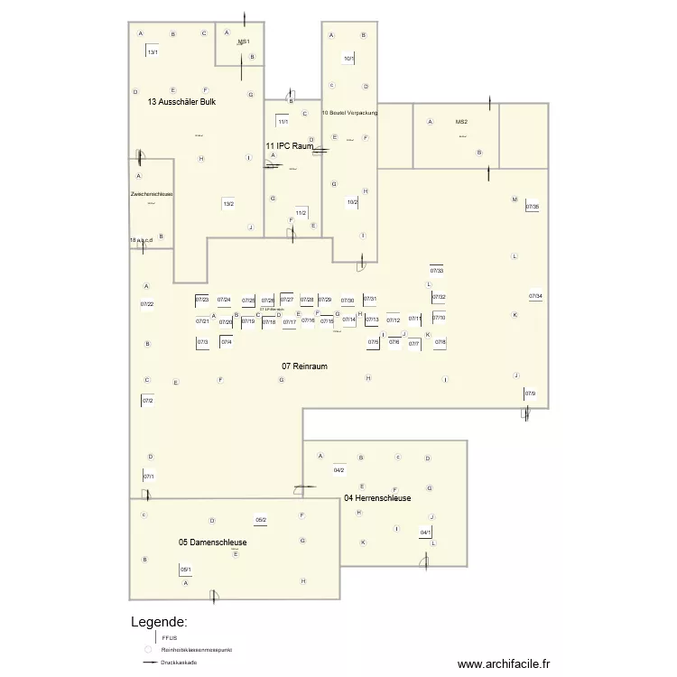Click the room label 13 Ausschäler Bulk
pos(181,102)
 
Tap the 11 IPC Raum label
pos(289,145)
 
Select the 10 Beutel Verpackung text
pos(349,113)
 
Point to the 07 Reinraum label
pos(304,366)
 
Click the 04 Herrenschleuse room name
pos(377,498)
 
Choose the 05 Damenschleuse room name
pos(212,543)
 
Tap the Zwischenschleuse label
pos(152,194)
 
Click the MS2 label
pos(461,121)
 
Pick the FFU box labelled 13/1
pos(153,51)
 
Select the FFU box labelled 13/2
pos(228,203)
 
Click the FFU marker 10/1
pos(349,59)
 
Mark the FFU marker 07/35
pos(533,207)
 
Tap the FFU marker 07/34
pos(535,295)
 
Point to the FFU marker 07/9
pos(530,393)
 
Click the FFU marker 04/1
pos(425,533)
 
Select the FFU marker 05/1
pos(185,569)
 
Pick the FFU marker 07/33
pos(437,270)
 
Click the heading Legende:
pos(160,622)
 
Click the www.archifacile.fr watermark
pos(503,663)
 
